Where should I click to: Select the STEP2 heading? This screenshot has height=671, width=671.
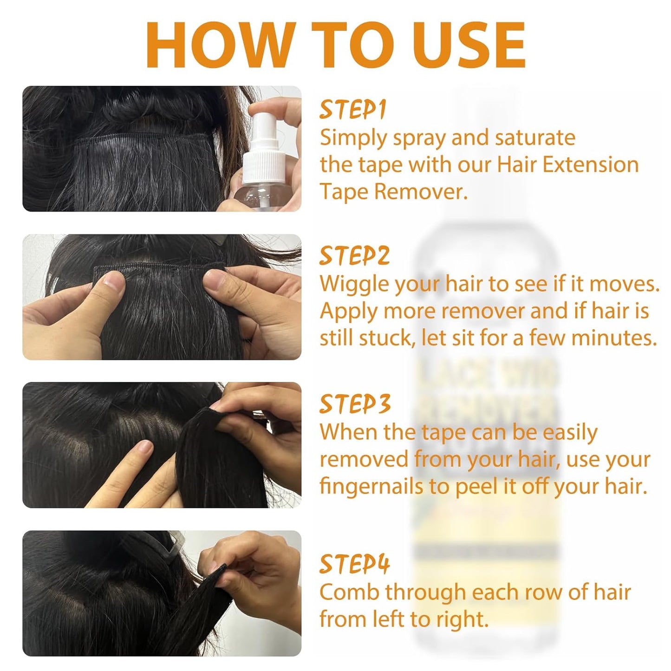pyautogui.click(x=354, y=256)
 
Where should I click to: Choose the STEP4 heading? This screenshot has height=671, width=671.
pyautogui.click(x=354, y=564)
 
